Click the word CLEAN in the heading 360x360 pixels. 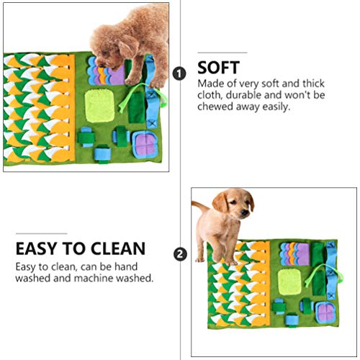pos(117,249)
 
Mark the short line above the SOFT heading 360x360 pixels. pos(222,53)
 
